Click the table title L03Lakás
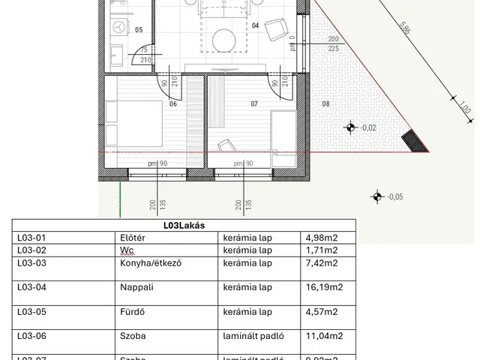tap(184, 225)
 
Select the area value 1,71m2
tap(321, 250)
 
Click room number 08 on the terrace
tap(325, 103)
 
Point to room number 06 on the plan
tap(172, 104)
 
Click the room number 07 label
tap(254, 104)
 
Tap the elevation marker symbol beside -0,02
tap(349, 127)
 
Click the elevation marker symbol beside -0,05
tap(377, 197)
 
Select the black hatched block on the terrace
tap(411, 139)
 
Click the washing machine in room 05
tap(118, 25)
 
